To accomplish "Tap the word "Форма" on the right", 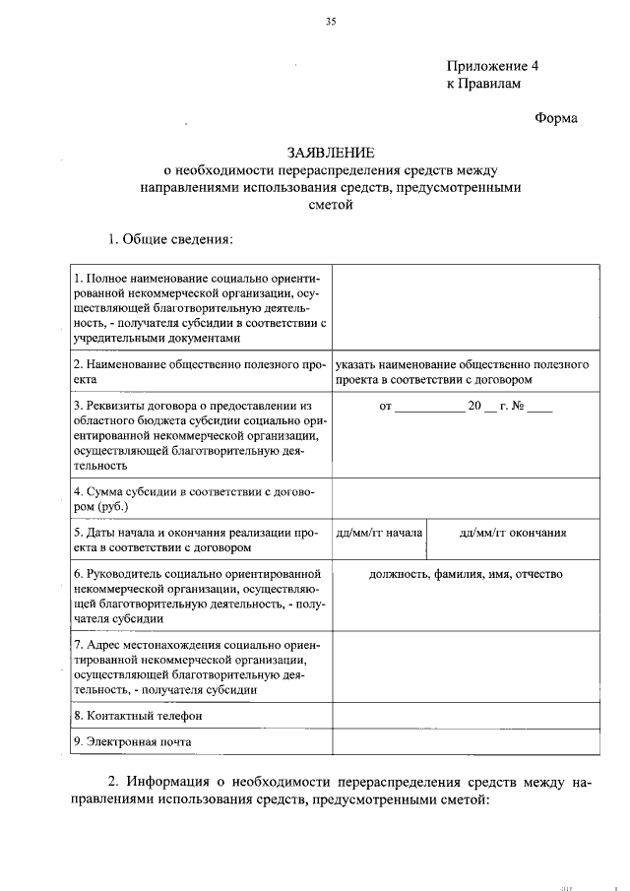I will [556, 118].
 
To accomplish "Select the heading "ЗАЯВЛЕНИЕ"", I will [331, 153].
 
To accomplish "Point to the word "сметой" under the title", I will [330, 205].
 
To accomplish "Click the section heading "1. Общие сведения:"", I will [170, 240].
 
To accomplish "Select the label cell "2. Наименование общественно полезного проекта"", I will [200, 371].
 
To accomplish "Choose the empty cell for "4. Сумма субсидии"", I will [465, 498].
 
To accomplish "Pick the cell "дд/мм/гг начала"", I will [379, 533].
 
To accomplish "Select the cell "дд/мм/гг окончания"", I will [513, 533].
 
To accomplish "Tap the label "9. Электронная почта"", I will [133, 741].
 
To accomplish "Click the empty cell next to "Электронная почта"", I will [465, 741].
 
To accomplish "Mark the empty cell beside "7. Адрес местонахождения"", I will [465, 668].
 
